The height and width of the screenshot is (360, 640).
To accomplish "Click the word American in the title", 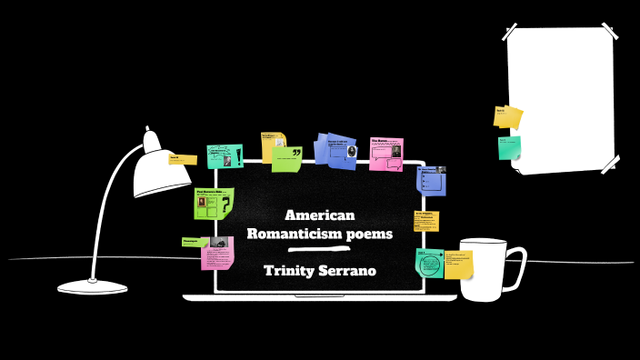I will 319,215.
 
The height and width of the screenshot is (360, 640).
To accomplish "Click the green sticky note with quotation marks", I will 288,159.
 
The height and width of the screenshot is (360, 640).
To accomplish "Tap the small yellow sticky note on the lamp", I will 182,160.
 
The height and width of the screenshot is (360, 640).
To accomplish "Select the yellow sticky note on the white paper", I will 508,116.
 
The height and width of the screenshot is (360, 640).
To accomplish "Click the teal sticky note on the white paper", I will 509,147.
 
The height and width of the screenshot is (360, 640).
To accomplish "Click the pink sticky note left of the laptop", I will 217,255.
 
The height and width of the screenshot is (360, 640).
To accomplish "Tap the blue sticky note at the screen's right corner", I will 431,180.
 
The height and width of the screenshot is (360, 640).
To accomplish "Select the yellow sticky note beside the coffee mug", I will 457,265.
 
